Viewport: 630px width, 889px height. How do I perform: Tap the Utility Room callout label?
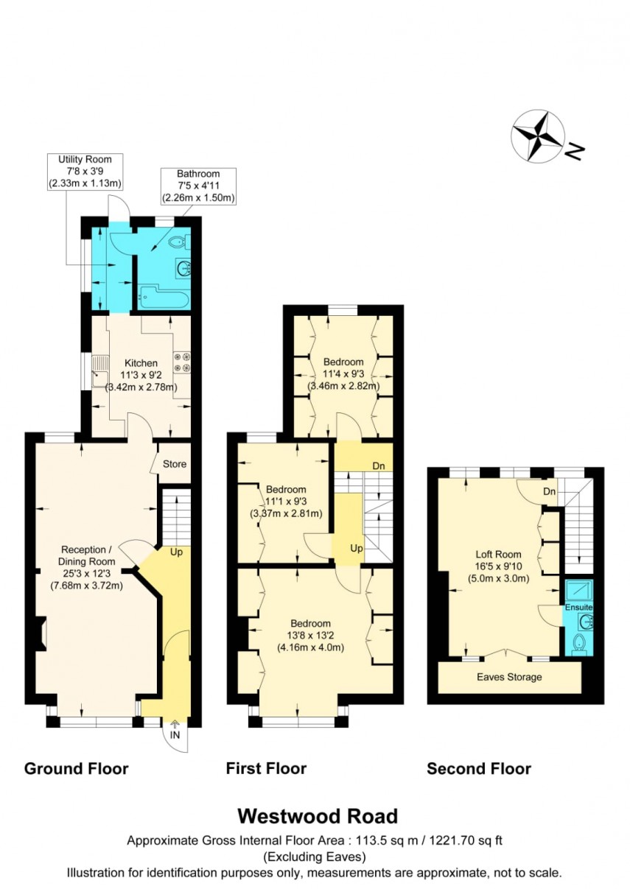[x=85, y=171]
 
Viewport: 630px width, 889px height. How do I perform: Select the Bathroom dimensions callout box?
[x=198, y=186]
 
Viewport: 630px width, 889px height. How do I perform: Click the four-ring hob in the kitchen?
[x=181, y=362]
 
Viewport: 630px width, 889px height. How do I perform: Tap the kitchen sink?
[x=98, y=378]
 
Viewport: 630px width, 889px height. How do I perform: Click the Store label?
[x=175, y=464]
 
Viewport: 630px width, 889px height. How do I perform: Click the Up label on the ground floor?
[x=176, y=552]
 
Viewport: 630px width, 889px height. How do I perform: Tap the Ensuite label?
[x=579, y=607]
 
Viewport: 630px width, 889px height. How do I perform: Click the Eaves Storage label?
[x=509, y=677]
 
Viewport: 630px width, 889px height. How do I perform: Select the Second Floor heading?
[x=479, y=769]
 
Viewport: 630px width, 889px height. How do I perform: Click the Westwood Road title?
[x=317, y=816]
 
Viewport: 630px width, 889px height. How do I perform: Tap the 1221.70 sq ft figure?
[x=466, y=840]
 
